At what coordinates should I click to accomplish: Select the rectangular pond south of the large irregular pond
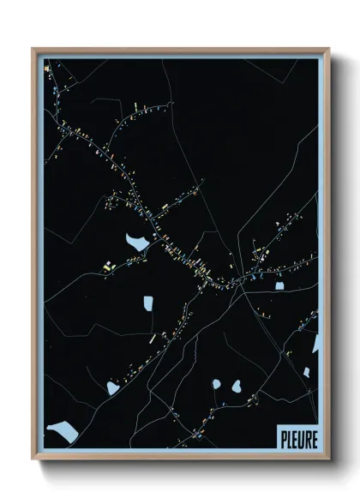coord(148,303)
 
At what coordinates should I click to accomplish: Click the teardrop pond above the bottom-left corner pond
coord(112,388)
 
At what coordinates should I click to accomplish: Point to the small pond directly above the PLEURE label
coord(306,373)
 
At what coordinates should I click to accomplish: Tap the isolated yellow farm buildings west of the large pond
coord(108,267)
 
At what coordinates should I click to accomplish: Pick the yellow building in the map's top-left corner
coord(46,67)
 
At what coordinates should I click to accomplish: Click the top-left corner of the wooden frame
coord(33,49)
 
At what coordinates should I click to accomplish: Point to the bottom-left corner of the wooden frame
coord(33,461)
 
